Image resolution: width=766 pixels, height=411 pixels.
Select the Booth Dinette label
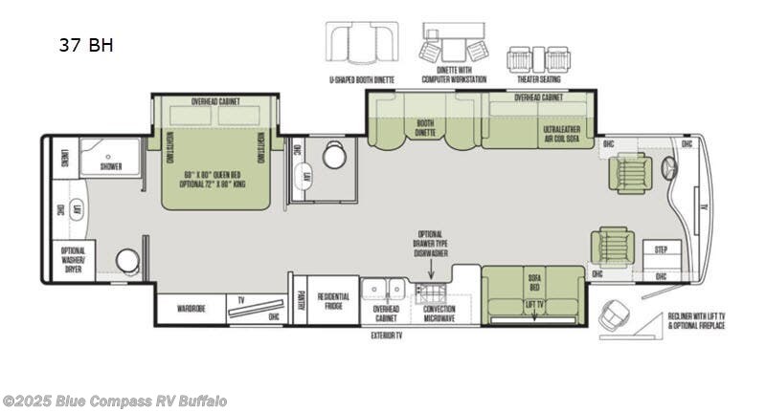click(425, 128)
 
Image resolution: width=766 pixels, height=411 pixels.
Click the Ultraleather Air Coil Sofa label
click(562, 132)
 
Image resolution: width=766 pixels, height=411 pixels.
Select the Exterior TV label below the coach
click(386, 336)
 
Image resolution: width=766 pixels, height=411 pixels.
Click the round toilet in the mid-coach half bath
click(334, 157)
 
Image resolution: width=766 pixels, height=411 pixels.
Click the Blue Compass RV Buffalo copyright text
click(115, 400)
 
